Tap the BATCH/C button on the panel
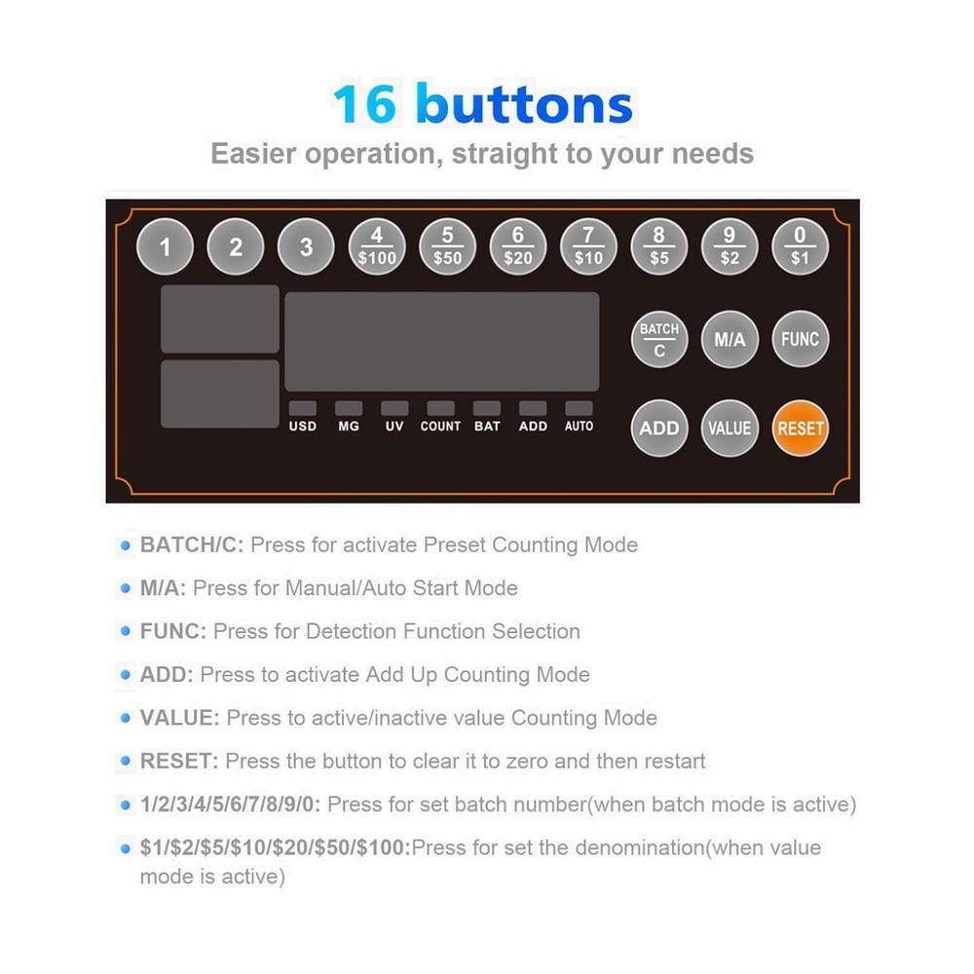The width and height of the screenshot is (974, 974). tap(659, 340)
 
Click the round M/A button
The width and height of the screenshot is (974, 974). tap(730, 340)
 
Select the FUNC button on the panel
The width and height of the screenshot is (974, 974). tap(800, 340)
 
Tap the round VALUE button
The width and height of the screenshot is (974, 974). tap(730, 428)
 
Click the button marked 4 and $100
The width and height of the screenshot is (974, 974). tap(377, 246)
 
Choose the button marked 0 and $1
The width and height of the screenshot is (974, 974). tap(800, 246)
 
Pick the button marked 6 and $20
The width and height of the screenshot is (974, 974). tap(518, 246)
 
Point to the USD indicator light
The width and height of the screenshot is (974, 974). tap(302, 408)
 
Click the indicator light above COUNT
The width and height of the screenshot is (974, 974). tap(440, 408)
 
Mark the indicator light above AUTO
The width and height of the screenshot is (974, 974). tap(579, 408)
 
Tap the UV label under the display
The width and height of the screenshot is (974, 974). tap(394, 427)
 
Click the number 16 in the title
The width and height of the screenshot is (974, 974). tap(365, 104)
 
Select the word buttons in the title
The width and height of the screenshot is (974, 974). tap(524, 104)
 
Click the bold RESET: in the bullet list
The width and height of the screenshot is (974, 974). tap(180, 761)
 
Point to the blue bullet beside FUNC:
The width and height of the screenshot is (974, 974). tap(125, 632)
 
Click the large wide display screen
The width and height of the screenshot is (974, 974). tap(441, 342)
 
